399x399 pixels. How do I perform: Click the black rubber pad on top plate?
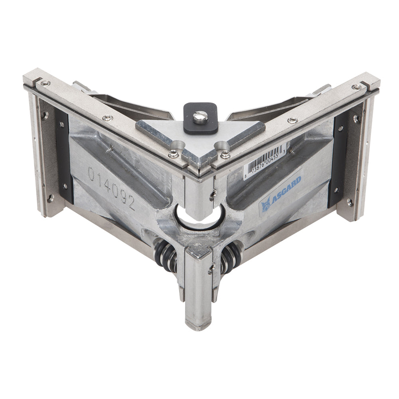tap(200, 119)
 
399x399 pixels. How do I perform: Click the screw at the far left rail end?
tap(45, 83)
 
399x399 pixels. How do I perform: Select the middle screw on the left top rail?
tap(107, 118)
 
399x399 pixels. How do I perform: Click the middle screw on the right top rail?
tap(292, 120)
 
